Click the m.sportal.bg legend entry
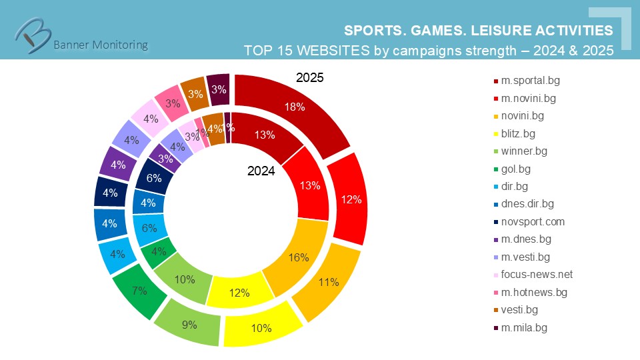[x=530, y=81]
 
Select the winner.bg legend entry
[x=525, y=151]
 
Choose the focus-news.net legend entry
[x=537, y=275]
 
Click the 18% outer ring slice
[x=293, y=107]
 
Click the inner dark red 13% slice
[x=265, y=135]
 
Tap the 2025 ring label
[x=309, y=78]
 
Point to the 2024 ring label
[x=261, y=171]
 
